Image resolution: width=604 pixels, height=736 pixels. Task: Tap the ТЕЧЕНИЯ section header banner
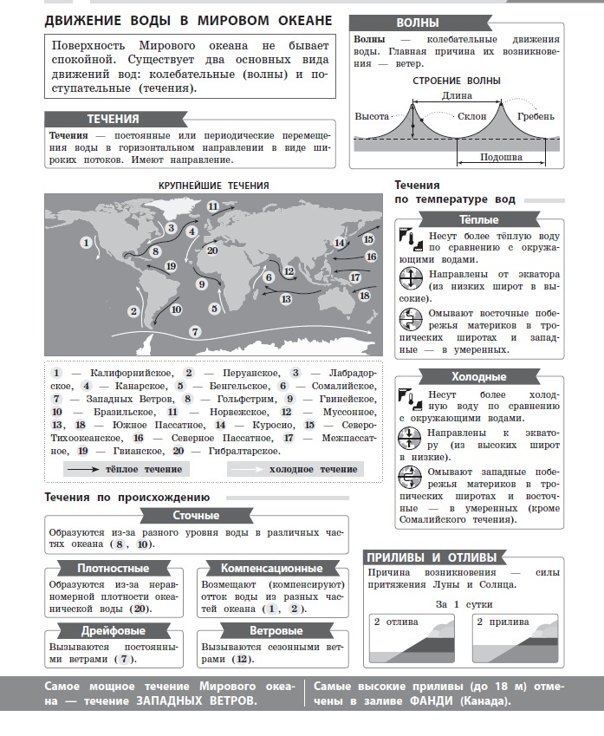pos(114,120)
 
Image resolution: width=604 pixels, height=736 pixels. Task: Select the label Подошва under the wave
pos(500,157)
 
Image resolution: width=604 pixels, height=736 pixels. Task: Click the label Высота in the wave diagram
pos(372,116)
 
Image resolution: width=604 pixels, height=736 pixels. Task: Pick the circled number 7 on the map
pos(196,331)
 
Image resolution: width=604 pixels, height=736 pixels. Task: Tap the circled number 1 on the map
pos(86,243)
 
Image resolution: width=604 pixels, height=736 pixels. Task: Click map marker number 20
pos(212,251)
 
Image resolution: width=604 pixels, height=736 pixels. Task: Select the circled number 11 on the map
pos(213,206)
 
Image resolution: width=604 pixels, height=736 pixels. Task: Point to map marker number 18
pos(365,296)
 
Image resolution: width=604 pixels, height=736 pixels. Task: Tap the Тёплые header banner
pos(478,219)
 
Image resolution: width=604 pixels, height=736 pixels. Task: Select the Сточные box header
pos(195,517)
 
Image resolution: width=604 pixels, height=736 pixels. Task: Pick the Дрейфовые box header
pos(113,631)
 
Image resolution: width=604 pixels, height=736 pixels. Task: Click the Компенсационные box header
pos(271,569)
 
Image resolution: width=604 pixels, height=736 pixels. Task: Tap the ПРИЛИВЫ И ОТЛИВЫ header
pos(432,557)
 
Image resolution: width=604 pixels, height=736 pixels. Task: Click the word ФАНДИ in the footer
pos(436,700)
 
